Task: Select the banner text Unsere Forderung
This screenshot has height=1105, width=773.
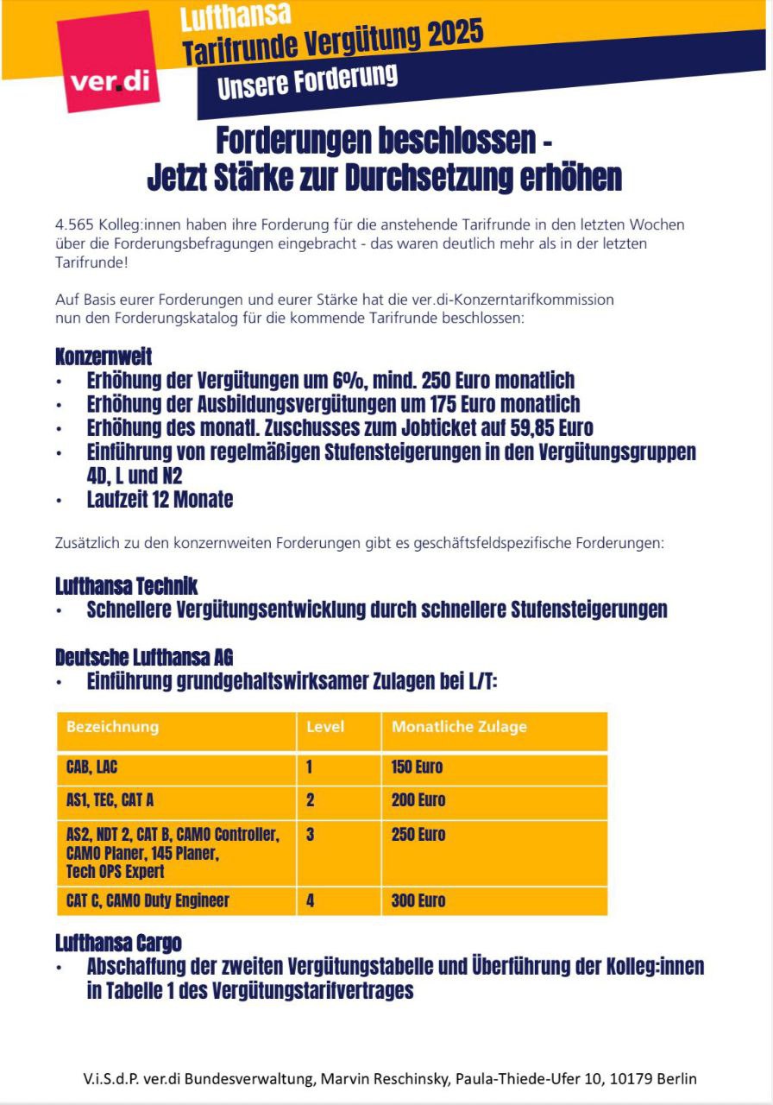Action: click(x=307, y=82)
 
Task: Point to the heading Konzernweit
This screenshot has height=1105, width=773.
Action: click(x=104, y=357)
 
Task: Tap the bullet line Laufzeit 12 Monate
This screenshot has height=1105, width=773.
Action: click(x=160, y=499)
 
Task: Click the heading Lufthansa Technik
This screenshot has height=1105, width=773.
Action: click(x=127, y=586)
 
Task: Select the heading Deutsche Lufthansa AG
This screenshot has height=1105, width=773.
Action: click(x=144, y=657)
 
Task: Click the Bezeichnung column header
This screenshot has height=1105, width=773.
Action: click(x=112, y=726)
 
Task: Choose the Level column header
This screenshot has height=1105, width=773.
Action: click(x=325, y=726)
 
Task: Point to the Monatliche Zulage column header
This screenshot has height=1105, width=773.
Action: click(x=459, y=726)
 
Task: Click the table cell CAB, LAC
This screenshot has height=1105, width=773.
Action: click(x=91, y=767)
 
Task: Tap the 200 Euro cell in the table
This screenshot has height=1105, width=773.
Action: click(x=418, y=799)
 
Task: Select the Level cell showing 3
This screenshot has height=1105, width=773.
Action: click(x=311, y=834)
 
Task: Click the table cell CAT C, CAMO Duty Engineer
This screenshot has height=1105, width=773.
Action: click(x=148, y=900)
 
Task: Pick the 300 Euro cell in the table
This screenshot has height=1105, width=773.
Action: click(x=418, y=900)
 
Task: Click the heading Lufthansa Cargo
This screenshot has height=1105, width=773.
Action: click(x=118, y=942)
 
